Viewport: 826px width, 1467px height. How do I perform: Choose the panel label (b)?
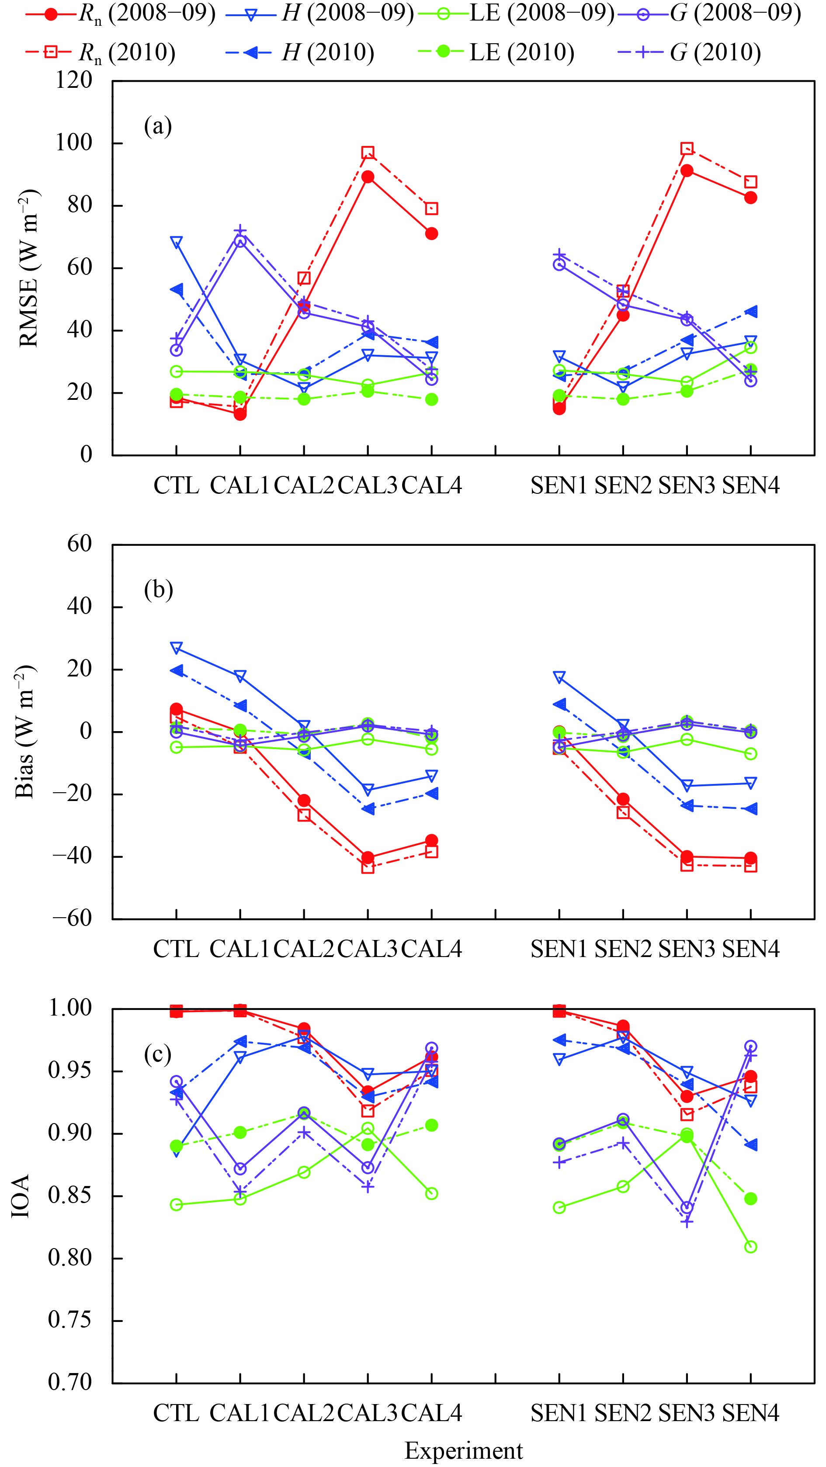158,590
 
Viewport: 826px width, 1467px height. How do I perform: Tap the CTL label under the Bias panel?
176,948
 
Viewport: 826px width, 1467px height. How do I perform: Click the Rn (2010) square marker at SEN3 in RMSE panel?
687,149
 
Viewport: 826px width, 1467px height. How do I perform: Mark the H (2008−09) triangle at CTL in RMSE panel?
176,242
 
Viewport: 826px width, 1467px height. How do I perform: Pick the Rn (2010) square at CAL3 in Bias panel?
368,868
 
